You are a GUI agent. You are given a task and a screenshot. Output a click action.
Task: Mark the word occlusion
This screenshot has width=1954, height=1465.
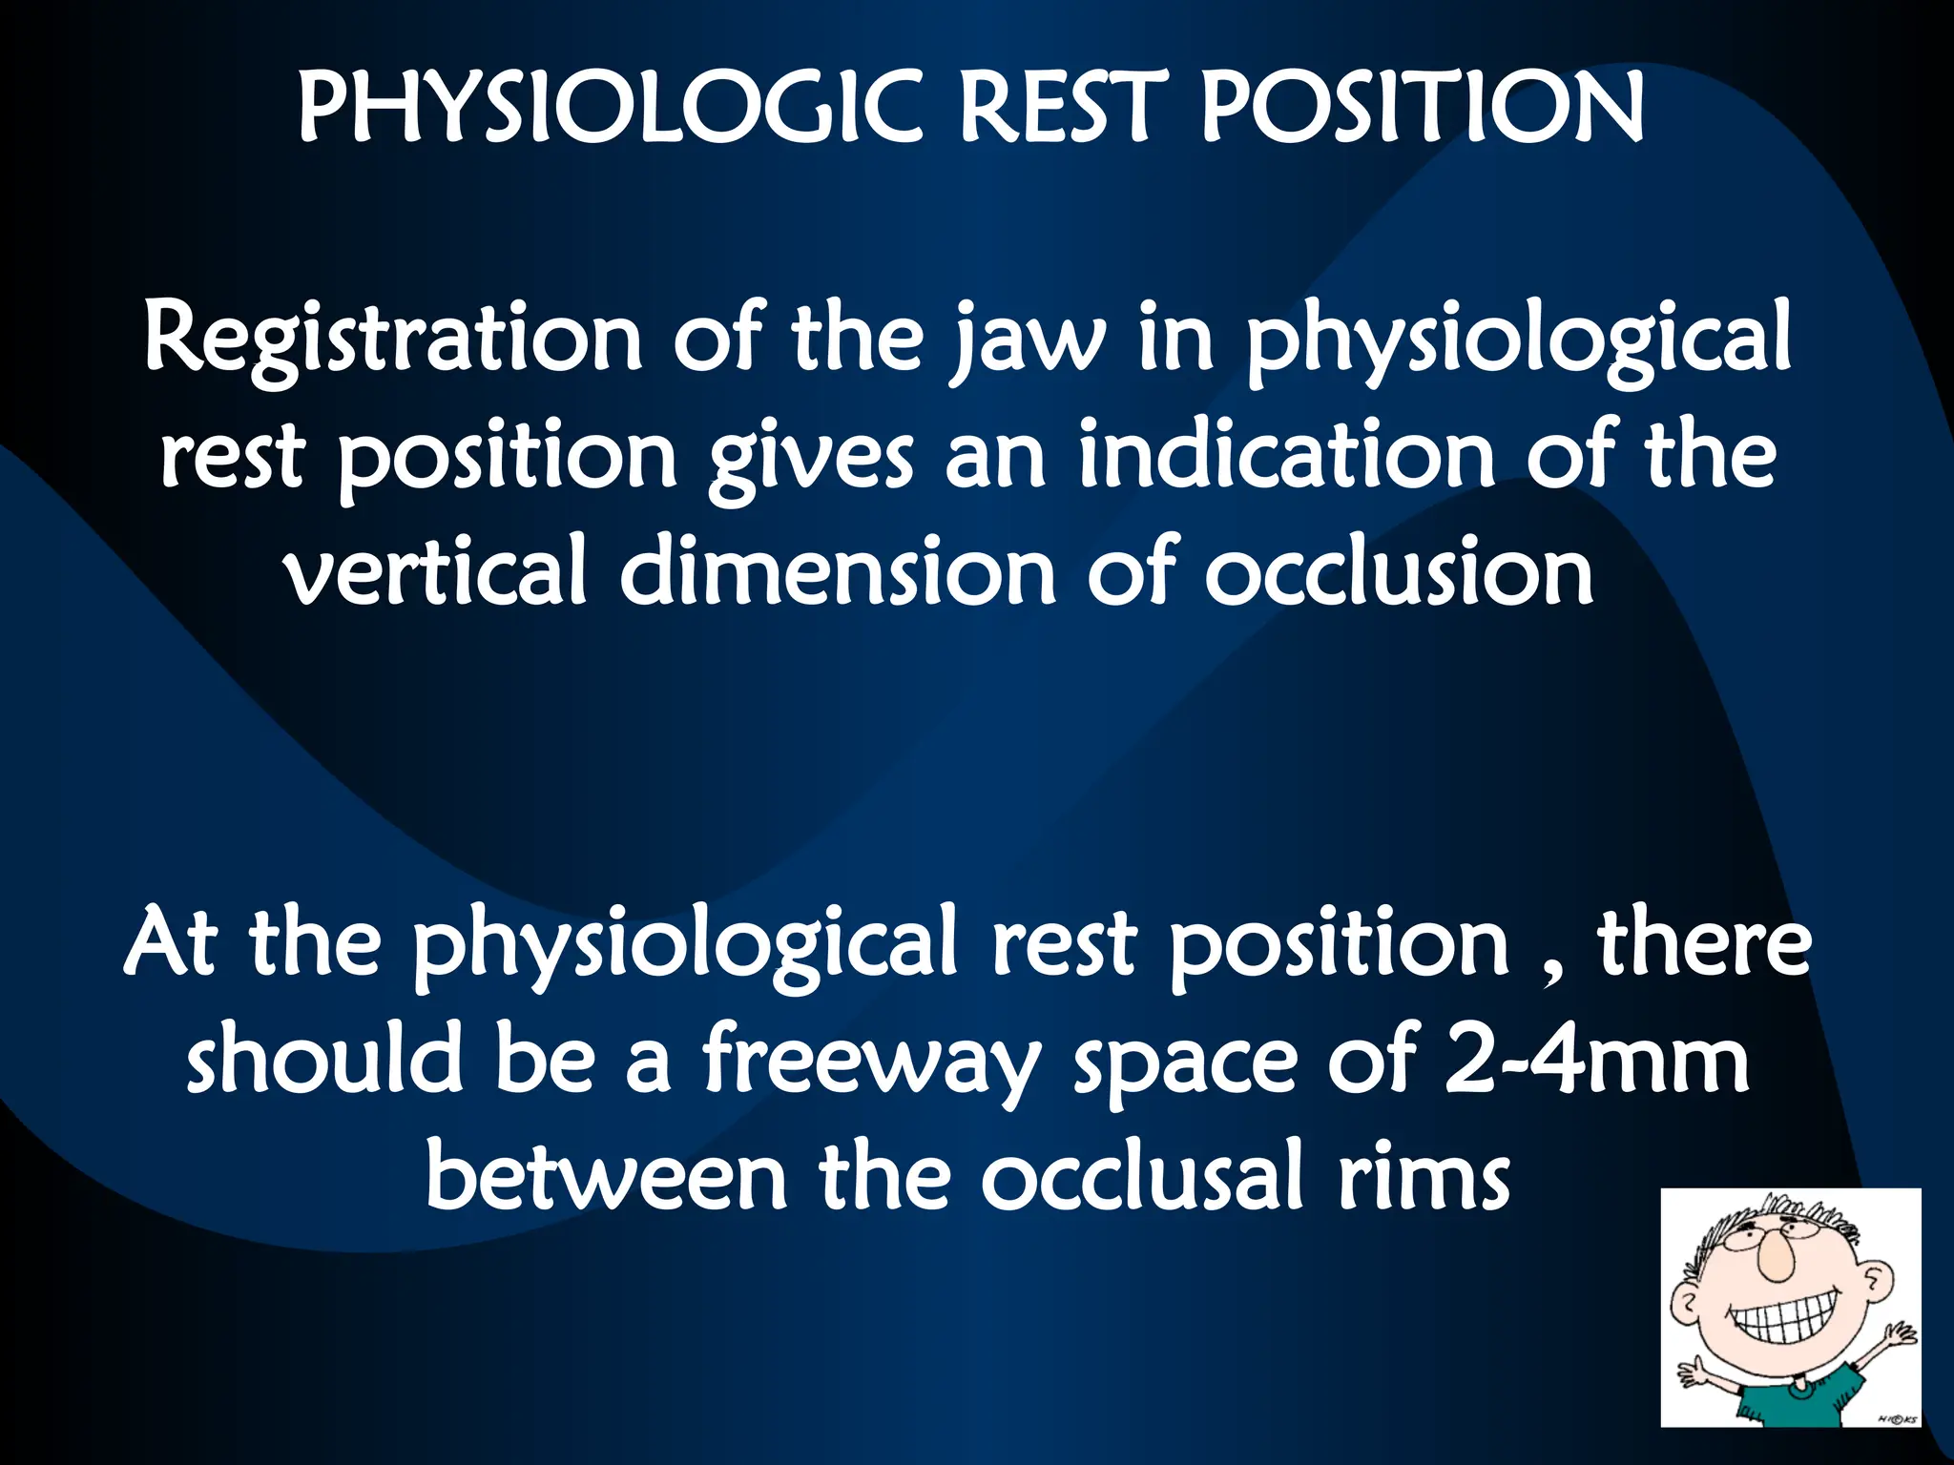[1399, 573]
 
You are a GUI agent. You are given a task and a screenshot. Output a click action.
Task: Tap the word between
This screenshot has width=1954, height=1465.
[605, 1178]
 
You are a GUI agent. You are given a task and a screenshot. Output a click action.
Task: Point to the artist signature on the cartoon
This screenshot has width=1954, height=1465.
[1895, 1419]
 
